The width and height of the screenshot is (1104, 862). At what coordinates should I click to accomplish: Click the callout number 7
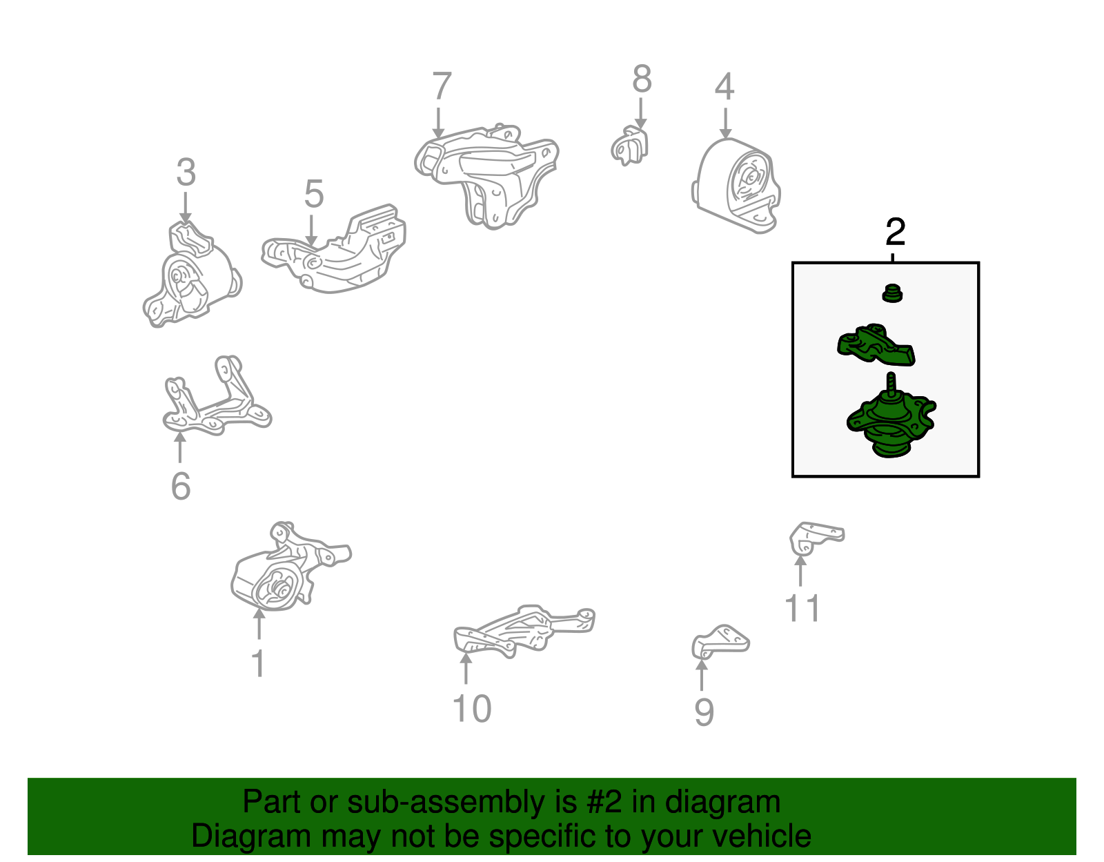pos(442,86)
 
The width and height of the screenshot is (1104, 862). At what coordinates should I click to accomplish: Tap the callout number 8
pos(642,79)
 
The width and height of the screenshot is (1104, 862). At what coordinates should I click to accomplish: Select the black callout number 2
pos(895,232)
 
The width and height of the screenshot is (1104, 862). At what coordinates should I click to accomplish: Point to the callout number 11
pos(802,608)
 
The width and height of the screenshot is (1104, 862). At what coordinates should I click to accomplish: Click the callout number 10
pos(472,708)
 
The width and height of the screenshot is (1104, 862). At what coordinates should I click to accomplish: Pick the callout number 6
pos(181,486)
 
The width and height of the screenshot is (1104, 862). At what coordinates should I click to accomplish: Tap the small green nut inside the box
pos(892,293)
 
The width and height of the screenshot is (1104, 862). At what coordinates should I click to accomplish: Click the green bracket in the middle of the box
pos(876,345)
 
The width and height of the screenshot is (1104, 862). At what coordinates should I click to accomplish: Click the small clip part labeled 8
pos(630,146)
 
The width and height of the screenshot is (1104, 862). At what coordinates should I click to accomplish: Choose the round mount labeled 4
pos(736,186)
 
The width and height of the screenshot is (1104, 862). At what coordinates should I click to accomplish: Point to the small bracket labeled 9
pos(720,642)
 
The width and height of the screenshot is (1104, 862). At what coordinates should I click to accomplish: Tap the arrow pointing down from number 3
pos(186,207)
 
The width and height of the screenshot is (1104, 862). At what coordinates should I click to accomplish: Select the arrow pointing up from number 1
pos(259,623)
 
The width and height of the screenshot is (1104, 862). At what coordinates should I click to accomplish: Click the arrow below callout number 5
pos(311,231)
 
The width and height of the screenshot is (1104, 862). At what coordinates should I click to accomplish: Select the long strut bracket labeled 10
pos(524,631)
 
